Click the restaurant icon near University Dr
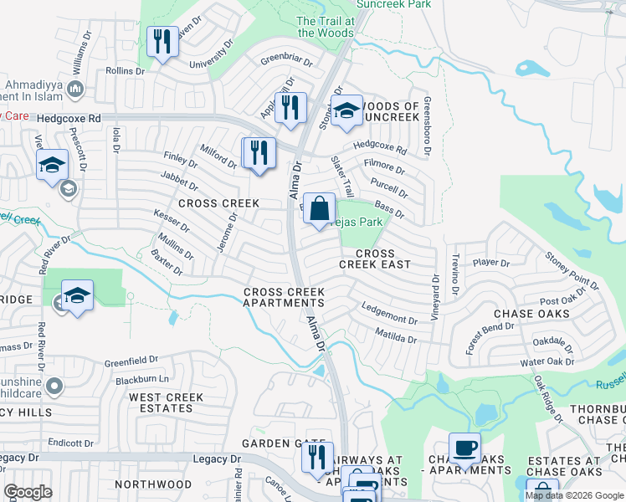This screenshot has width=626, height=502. coord(162,41)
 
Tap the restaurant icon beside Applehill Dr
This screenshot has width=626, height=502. coord(290,108)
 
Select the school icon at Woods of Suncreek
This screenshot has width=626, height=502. coord(346,111)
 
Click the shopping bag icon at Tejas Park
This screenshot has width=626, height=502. coord(319,209)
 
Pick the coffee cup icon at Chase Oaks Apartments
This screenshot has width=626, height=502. coord(464,448)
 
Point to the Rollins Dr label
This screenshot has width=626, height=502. coord(126,71)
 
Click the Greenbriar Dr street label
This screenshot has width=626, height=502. coord(286,61)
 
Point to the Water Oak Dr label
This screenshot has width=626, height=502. coord(547,362)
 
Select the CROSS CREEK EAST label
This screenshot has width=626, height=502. coord(374,259)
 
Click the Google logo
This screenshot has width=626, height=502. coord(28,492)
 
